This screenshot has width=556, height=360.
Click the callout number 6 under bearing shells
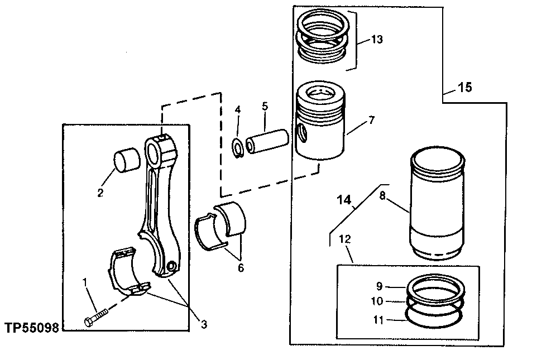tap(241, 267)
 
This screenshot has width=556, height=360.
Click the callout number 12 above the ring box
tap(345, 238)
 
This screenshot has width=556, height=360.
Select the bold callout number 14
tap(344, 199)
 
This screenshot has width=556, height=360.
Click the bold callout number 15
tap(464, 87)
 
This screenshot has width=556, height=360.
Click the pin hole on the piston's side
tap(302, 133)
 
